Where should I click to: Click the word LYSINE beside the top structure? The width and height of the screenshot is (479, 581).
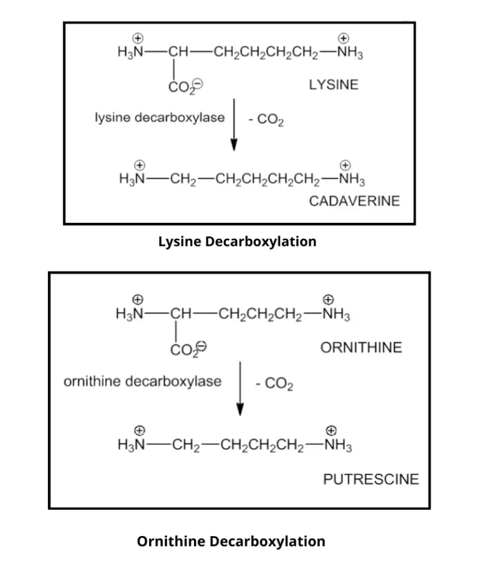(x=334, y=85)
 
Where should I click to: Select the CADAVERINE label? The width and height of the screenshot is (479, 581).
(x=354, y=201)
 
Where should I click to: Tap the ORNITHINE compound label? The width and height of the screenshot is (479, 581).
(x=361, y=348)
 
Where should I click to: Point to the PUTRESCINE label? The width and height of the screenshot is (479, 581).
(x=371, y=479)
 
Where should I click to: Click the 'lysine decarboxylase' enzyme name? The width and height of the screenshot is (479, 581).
(x=160, y=117)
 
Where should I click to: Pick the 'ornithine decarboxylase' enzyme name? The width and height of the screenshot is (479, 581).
(x=143, y=381)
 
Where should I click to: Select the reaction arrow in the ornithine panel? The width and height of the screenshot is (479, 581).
(x=240, y=388)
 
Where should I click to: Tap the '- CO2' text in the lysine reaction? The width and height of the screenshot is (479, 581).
(x=266, y=120)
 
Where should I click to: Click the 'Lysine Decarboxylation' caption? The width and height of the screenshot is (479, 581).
(x=237, y=242)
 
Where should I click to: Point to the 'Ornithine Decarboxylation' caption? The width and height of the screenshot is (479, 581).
(x=231, y=541)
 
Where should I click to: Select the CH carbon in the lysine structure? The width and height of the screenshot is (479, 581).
(x=177, y=52)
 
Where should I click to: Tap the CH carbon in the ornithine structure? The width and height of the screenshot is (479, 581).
(x=181, y=314)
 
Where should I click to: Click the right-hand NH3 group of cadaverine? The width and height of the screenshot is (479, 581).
(x=349, y=180)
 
